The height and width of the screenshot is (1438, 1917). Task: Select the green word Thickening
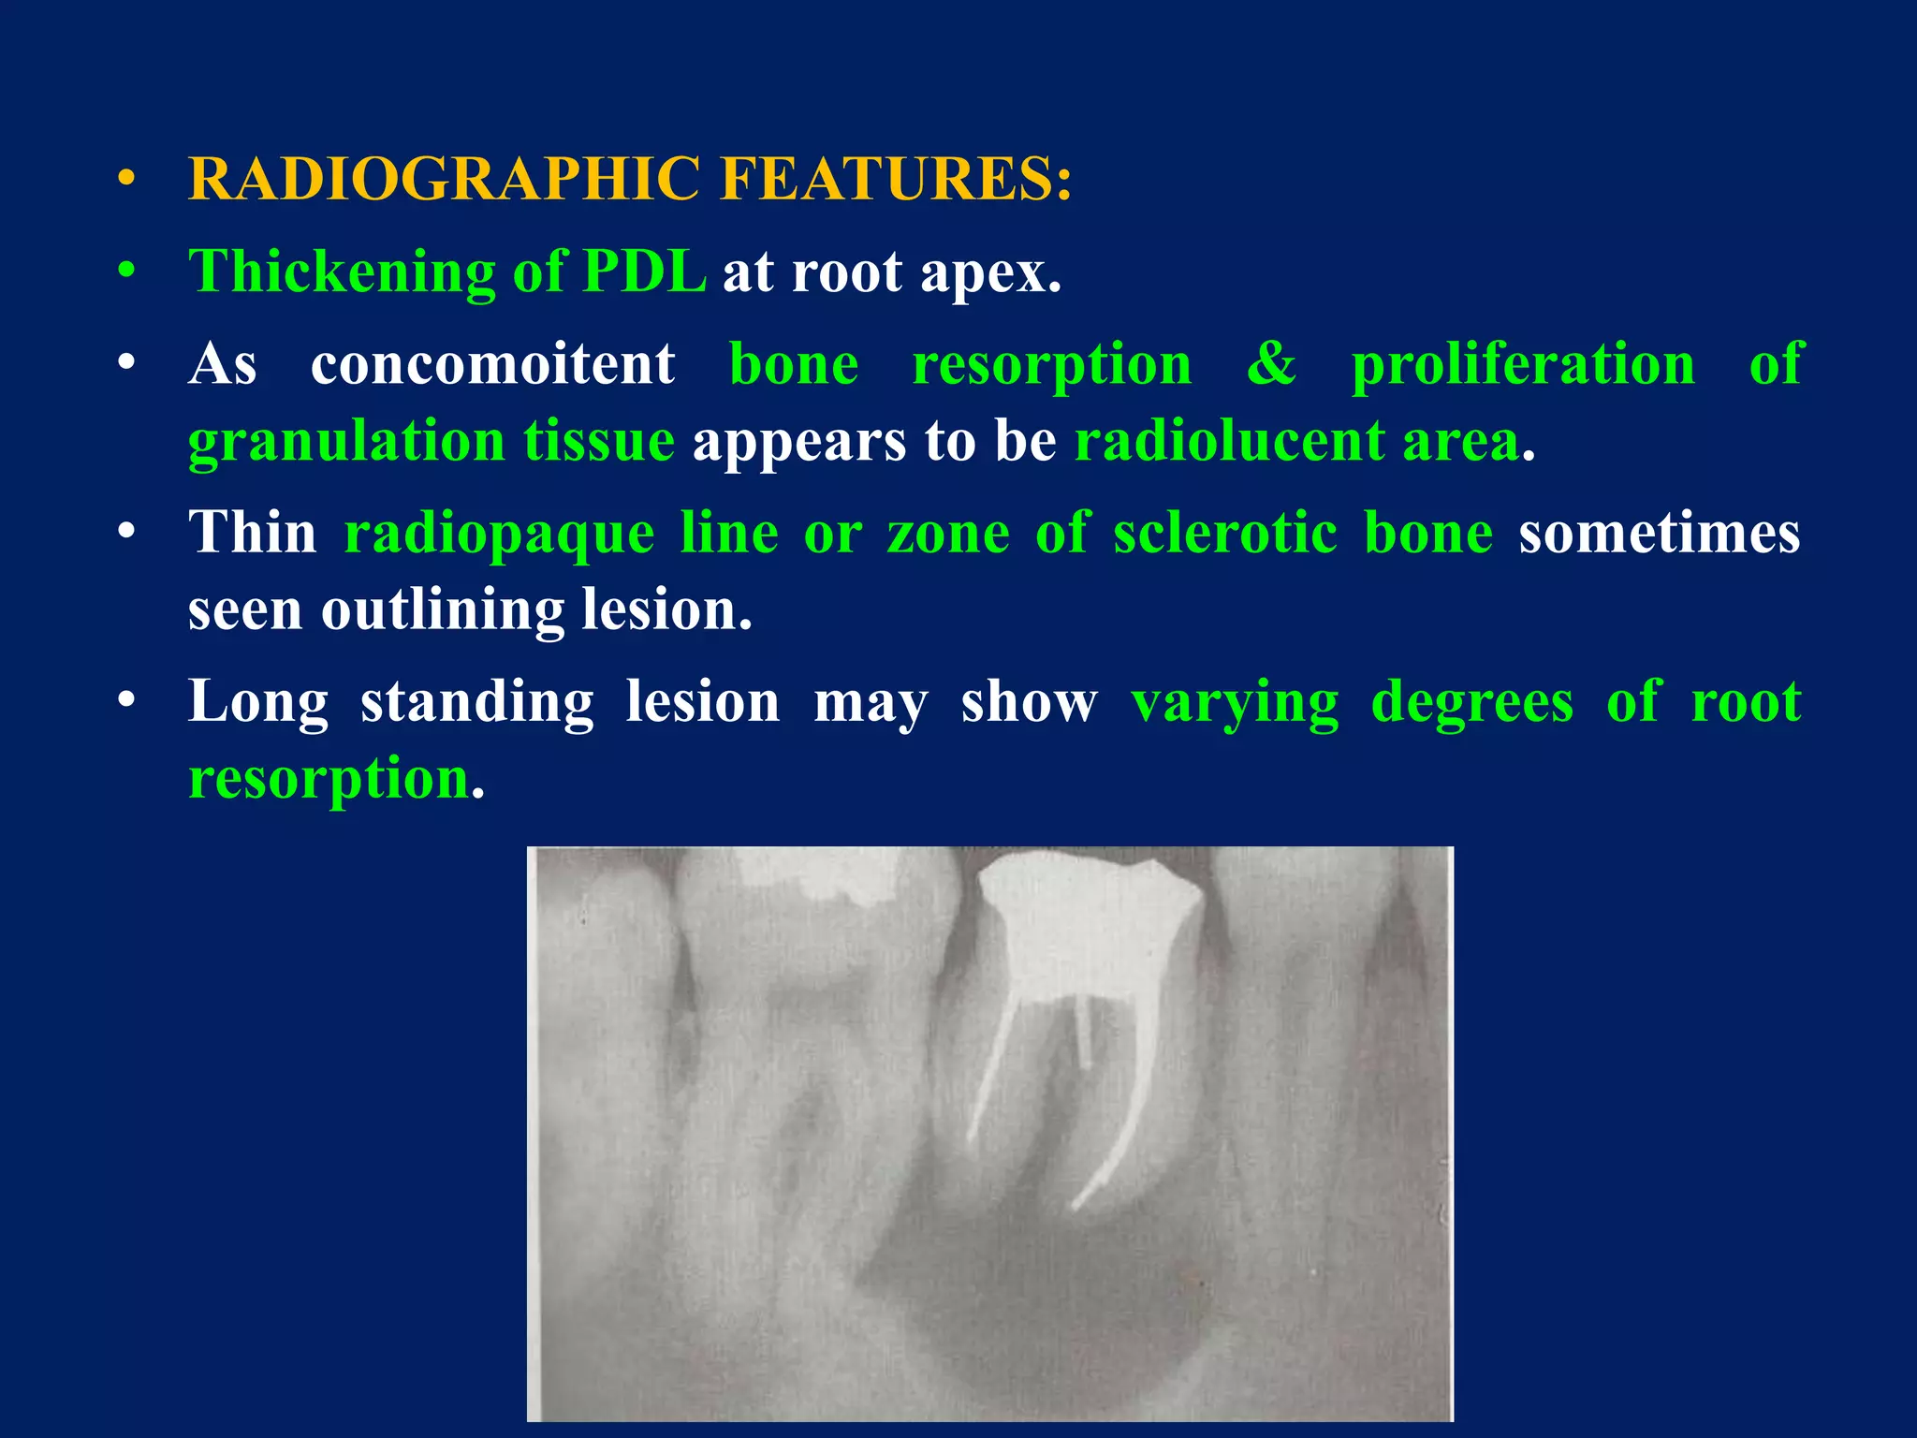[342, 271]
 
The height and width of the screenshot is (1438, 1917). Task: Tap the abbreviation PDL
[644, 271]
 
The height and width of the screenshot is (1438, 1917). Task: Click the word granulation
[346, 441]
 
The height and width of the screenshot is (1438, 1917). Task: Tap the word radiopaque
[499, 534]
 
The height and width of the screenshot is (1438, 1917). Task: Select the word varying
[1235, 702]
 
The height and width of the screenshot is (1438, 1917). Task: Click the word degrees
[1471, 702]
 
